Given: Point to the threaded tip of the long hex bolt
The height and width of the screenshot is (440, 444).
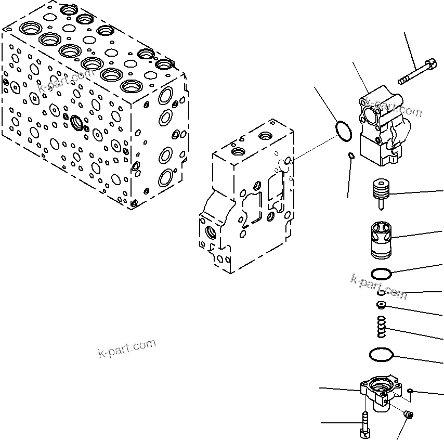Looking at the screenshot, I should [401, 81].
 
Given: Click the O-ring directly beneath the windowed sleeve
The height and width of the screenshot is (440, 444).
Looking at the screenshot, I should [381, 273].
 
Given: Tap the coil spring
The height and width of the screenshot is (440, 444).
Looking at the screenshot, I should [382, 326].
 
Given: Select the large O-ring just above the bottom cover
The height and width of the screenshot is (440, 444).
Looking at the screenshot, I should [381, 356].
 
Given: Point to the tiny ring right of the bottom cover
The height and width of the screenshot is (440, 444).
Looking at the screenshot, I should [410, 390].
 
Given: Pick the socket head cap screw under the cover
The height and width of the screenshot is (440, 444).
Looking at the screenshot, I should [365, 424].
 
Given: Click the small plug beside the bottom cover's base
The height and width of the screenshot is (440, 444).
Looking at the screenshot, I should [408, 415].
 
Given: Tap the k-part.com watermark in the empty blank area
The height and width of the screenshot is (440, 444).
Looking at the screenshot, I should [127, 348].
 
